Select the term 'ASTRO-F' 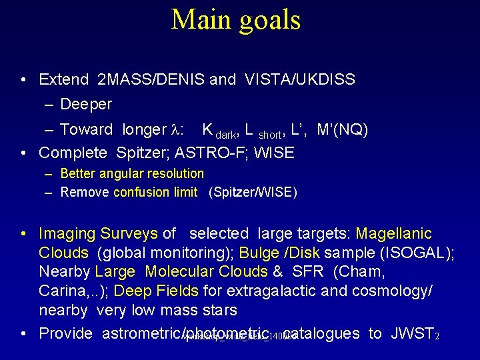click(x=204, y=153)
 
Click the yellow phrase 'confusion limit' click(x=155, y=193)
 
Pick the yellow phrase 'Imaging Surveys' click(x=98, y=234)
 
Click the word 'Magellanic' click(x=393, y=234)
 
